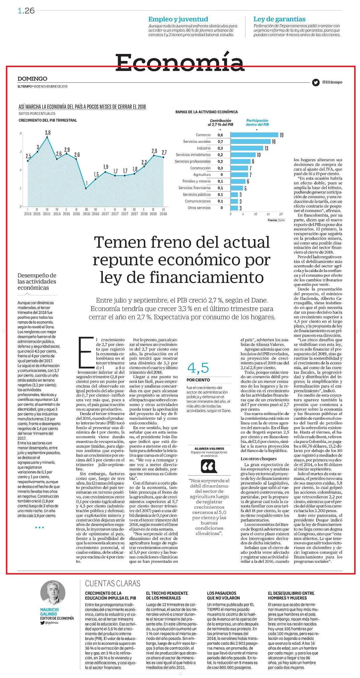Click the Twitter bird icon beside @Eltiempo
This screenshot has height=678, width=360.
pos(315,82)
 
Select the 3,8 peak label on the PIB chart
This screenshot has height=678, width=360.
pos(47,132)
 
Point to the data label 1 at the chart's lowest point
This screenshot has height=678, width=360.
pos(86,183)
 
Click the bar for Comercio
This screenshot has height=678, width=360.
pos(254,135)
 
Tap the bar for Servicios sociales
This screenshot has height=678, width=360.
pos(250,142)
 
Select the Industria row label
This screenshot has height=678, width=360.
pos(204,148)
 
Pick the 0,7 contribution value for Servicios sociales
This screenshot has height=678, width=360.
pos(220,142)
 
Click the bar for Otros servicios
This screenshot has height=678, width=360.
pos(234,208)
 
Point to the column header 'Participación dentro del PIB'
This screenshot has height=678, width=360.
pos(257,123)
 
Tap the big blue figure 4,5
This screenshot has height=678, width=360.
pos(198,368)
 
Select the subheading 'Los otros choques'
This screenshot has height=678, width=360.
pos(259,459)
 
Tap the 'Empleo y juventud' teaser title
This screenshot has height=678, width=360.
pos(178,19)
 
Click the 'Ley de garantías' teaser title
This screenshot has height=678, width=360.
pos(279,19)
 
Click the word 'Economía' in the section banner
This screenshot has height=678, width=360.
pos(180,62)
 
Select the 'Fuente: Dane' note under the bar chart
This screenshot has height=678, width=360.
pos(276,220)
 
